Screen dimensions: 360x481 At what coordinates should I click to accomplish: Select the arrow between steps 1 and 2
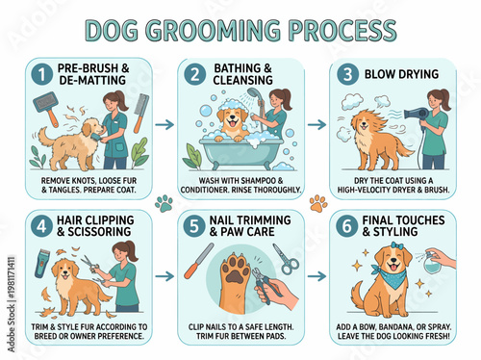165,124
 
